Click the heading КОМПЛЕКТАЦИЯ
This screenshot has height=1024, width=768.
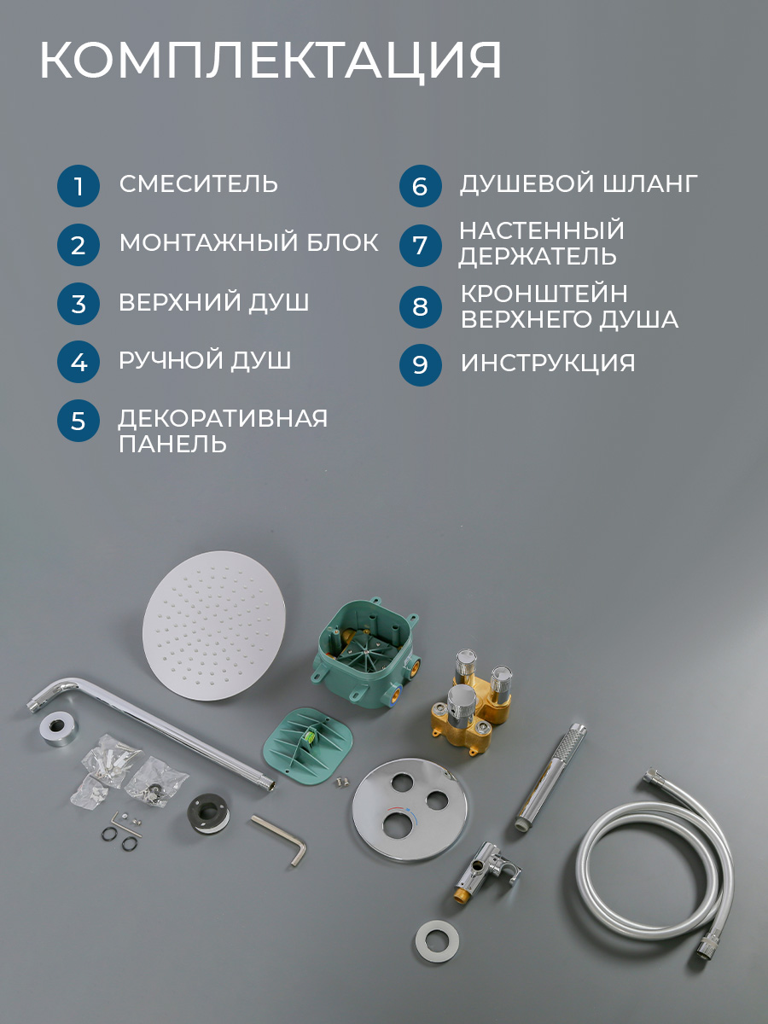point(271,61)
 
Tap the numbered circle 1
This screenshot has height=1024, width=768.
point(79,186)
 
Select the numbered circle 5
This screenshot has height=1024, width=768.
point(79,421)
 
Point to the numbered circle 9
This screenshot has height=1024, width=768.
point(420,364)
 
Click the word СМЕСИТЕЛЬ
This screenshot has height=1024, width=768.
point(199,183)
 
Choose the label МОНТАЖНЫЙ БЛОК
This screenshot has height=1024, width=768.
point(249,242)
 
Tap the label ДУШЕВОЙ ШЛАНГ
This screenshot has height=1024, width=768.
point(579,183)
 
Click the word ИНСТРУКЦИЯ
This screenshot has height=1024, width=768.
point(548,363)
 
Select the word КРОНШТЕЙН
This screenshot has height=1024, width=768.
point(544,294)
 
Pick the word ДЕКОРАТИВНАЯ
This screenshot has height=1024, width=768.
point(223,418)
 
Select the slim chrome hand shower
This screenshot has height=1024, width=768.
point(550,777)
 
